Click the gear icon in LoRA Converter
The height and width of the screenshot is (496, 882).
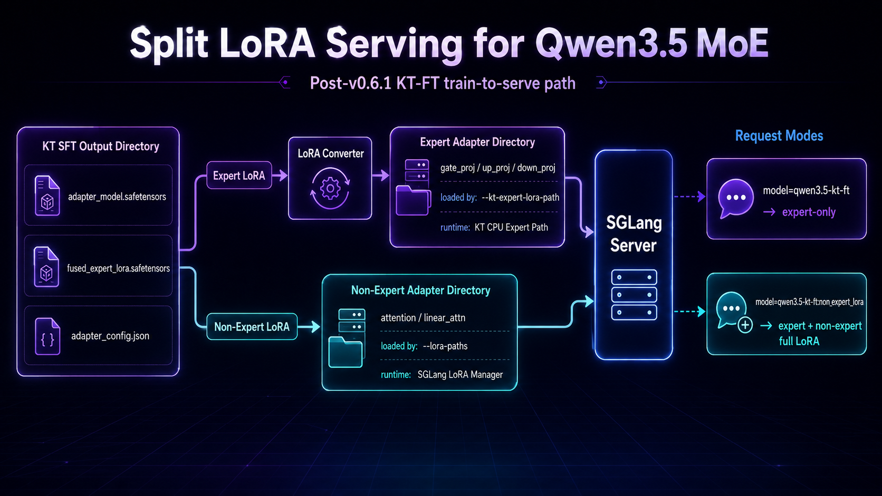(330, 188)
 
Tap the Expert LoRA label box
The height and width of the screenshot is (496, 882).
(239, 176)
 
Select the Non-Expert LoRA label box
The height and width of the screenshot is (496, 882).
(252, 326)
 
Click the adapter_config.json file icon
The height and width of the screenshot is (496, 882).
(47, 336)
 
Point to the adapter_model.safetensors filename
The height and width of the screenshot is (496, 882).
(117, 197)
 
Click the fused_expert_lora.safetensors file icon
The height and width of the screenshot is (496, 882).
(46, 267)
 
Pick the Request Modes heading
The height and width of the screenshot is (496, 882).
(779, 135)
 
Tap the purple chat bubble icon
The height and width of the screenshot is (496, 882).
(735, 198)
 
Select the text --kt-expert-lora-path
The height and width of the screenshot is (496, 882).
(520, 198)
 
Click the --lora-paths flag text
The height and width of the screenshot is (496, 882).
(445, 346)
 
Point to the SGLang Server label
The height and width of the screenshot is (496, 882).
(634, 234)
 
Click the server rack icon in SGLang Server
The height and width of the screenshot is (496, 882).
(634, 295)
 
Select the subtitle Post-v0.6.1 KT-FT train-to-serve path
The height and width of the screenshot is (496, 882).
(443, 83)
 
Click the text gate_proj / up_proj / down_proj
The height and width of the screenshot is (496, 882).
(497, 168)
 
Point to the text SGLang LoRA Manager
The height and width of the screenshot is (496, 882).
(460, 374)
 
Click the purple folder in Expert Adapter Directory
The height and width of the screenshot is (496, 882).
(413, 200)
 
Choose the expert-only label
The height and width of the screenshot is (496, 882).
(809, 212)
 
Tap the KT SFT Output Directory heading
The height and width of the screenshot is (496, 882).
(101, 147)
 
